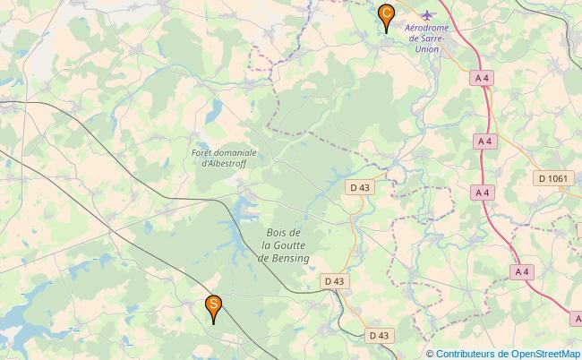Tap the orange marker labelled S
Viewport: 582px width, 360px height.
[x=214, y=306]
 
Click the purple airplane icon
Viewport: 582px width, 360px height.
[x=427, y=15]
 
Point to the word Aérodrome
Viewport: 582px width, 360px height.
[x=427, y=29]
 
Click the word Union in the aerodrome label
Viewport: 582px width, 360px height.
[x=428, y=50]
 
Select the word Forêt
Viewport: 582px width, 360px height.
[x=203, y=153]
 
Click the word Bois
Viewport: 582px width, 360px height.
[x=278, y=234]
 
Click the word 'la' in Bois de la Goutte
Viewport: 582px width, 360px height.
[x=268, y=245]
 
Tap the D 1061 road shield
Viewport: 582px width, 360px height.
[x=552, y=179]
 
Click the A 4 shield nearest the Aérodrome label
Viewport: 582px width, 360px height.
[x=482, y=78]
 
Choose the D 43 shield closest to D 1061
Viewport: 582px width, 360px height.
[x=359, y=187]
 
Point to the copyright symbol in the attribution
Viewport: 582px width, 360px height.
[x=431, y=354]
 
